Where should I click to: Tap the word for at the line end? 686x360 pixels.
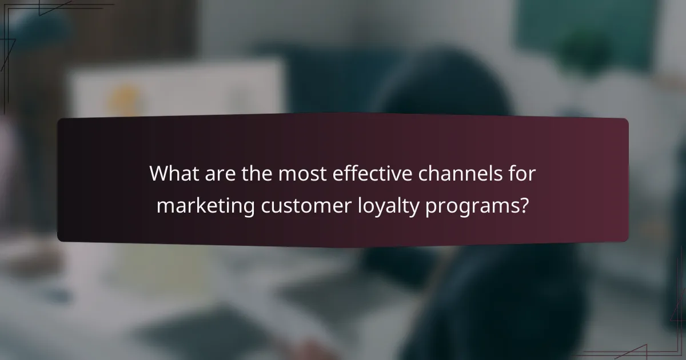520,173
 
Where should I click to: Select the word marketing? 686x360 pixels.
206,205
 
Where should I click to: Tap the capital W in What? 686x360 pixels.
159,173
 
